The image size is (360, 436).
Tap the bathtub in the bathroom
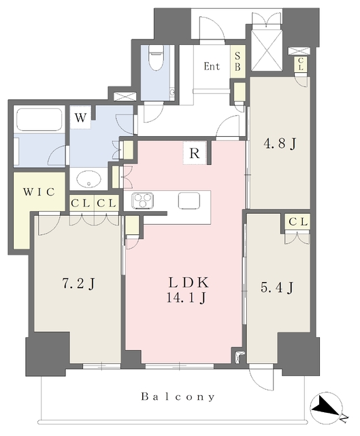(x=39, y=120)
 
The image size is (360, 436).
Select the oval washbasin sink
(x=88, y=179)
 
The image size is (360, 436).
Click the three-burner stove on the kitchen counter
(x=143, y=200)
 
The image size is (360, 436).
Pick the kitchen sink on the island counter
(x=189, y=200)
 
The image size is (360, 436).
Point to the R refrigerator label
(x=195, y=153)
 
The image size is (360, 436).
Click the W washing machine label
(x=80, y=118)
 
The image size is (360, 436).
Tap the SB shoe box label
(x=238, y=61)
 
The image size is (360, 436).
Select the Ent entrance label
(x=212, y=67)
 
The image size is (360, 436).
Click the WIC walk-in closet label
(x=39, y=192)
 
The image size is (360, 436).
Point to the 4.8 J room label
(x=280, y=144)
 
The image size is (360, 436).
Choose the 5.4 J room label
(x=277, y=287)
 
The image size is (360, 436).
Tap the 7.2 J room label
(x=78, y=284)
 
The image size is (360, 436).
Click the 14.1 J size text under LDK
(x=186, y=298)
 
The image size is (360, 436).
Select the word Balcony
(x=178, y=396)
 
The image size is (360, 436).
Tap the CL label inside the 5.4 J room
(x=298, y=222)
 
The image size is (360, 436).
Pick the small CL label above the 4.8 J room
(x=301, y=64)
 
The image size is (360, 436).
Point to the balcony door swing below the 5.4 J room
(x=261, y=378)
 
